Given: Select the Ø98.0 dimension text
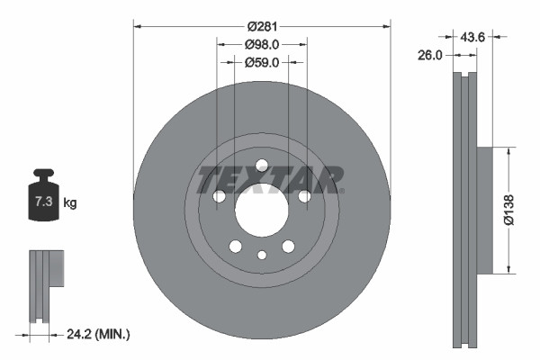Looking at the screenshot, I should [262, 42].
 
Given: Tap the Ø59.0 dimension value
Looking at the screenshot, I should [262, 62].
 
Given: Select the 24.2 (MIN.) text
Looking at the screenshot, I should [98, 334].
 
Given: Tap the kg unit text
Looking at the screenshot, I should [70, 203].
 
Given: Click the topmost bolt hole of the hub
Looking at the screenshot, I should [262, 166].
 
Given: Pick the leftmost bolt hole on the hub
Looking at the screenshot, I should [219, 197].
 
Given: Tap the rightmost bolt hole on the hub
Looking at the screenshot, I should [304, 197].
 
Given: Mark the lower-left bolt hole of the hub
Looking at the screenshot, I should [235, 247].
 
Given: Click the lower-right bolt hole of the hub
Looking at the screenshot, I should [288, 247].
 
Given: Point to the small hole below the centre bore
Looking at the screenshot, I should [262, 256].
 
